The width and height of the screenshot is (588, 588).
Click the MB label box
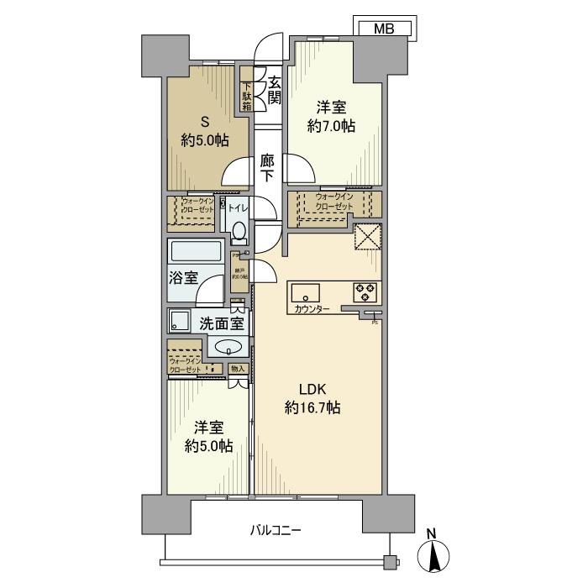(382, 29)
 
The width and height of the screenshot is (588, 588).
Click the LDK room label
(312, 389)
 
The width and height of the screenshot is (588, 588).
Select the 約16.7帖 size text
(312, 408)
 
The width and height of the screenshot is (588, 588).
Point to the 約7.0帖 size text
(330, 127)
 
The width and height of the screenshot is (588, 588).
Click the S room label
(204, 121)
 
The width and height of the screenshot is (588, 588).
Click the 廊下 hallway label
(266, 168)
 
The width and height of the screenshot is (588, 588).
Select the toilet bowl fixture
(239, 231)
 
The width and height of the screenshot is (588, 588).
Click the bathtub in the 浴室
(195, 252)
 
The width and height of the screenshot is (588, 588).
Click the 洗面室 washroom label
(221, 322)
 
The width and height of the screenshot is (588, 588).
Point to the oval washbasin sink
(228, 346)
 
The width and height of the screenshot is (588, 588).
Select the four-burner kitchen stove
(365, 291)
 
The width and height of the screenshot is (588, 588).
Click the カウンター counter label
(312, 310)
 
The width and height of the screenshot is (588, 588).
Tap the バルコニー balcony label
(275, 530)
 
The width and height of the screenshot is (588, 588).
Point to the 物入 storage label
(237, 368)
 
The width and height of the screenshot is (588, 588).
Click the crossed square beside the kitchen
(367, 238)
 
